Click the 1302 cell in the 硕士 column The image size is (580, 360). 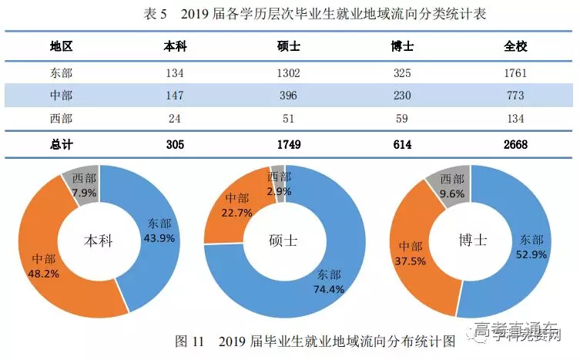pos(289,73)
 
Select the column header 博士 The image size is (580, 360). pos(403,46)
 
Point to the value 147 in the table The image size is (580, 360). pos(176,96)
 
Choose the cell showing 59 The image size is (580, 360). pos(403,119)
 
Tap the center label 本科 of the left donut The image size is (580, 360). pos(99,241)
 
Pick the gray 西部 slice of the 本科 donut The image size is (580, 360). pos(79,179)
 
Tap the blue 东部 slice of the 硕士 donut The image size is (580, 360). pos(339,231)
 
